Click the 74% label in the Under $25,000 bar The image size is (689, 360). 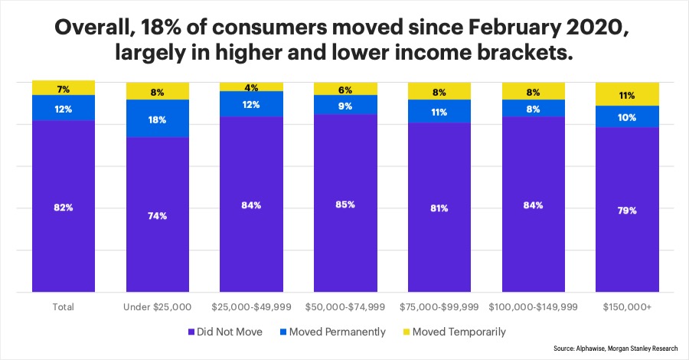[x=158, y=216]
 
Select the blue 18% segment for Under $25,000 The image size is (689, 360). [x=158, y=119]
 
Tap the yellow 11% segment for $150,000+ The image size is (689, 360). [x=627, y=94]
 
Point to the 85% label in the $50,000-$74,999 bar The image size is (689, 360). [x=345, y=205]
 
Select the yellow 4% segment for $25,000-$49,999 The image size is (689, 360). [x=251, y=87]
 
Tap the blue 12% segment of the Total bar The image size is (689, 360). [x=64, y=108]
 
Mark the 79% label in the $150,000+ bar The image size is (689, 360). [x=627, y=210]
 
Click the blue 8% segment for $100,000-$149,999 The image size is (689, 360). [x=533, y=108]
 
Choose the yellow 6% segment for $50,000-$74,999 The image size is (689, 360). [x=345, y=89]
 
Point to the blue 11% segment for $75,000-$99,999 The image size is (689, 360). [x=439, y=111]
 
